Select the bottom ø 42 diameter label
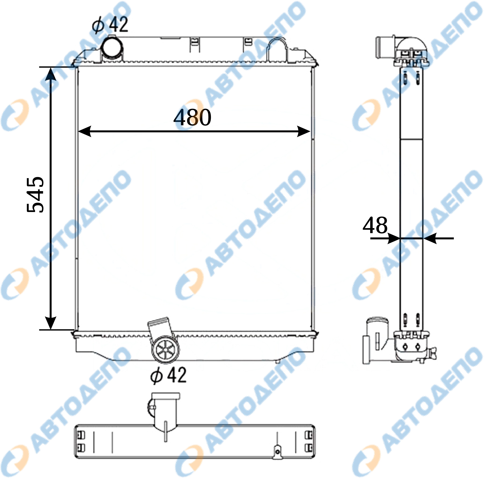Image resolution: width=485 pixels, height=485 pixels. [168, 375]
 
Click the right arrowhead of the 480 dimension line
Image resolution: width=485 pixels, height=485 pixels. [304, 131]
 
